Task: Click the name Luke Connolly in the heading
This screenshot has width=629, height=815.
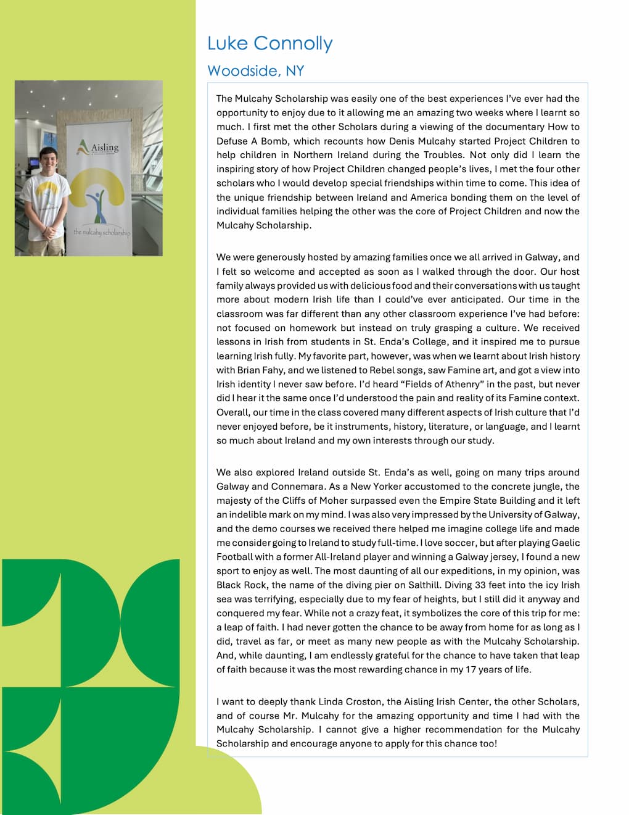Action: point(269,44)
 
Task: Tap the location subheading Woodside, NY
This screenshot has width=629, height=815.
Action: point(255,71)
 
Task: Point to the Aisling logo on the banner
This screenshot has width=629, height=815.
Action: point(97,148)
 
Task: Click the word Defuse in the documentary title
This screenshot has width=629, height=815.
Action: point(231,141)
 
